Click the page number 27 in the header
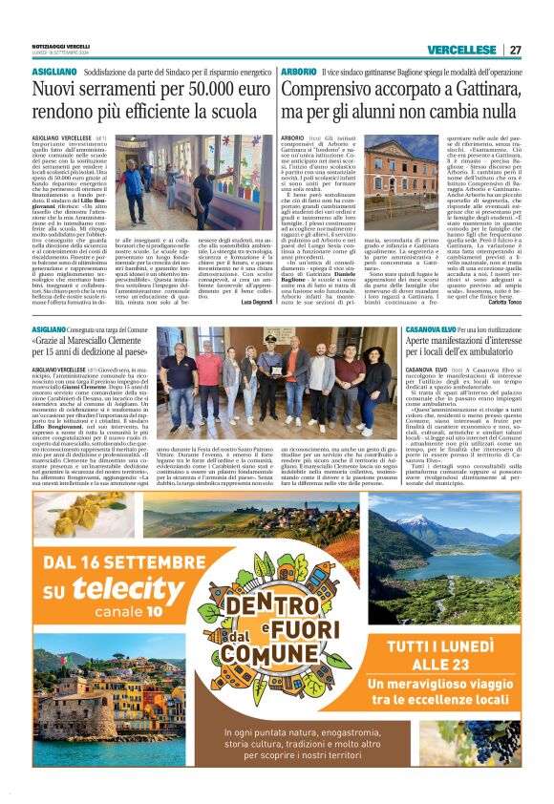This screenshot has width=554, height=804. point(515,50)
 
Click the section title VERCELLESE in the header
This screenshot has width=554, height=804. point(461,50)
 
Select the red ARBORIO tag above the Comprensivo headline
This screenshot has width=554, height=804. point(298,72)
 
